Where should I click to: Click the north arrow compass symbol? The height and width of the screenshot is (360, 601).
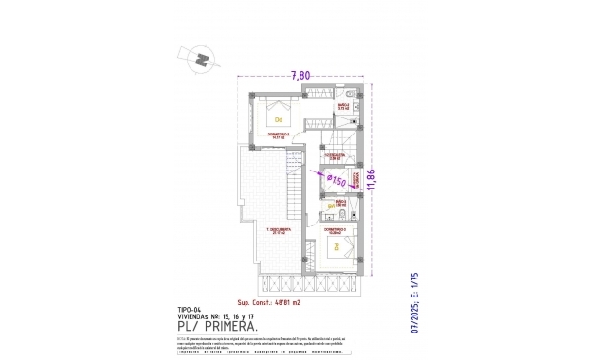point(201,59)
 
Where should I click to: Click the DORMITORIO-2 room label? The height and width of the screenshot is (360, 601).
point(279,135)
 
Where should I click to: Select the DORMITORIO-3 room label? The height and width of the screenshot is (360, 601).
point(334,229)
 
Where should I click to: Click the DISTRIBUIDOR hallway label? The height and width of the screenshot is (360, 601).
point(334,155)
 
